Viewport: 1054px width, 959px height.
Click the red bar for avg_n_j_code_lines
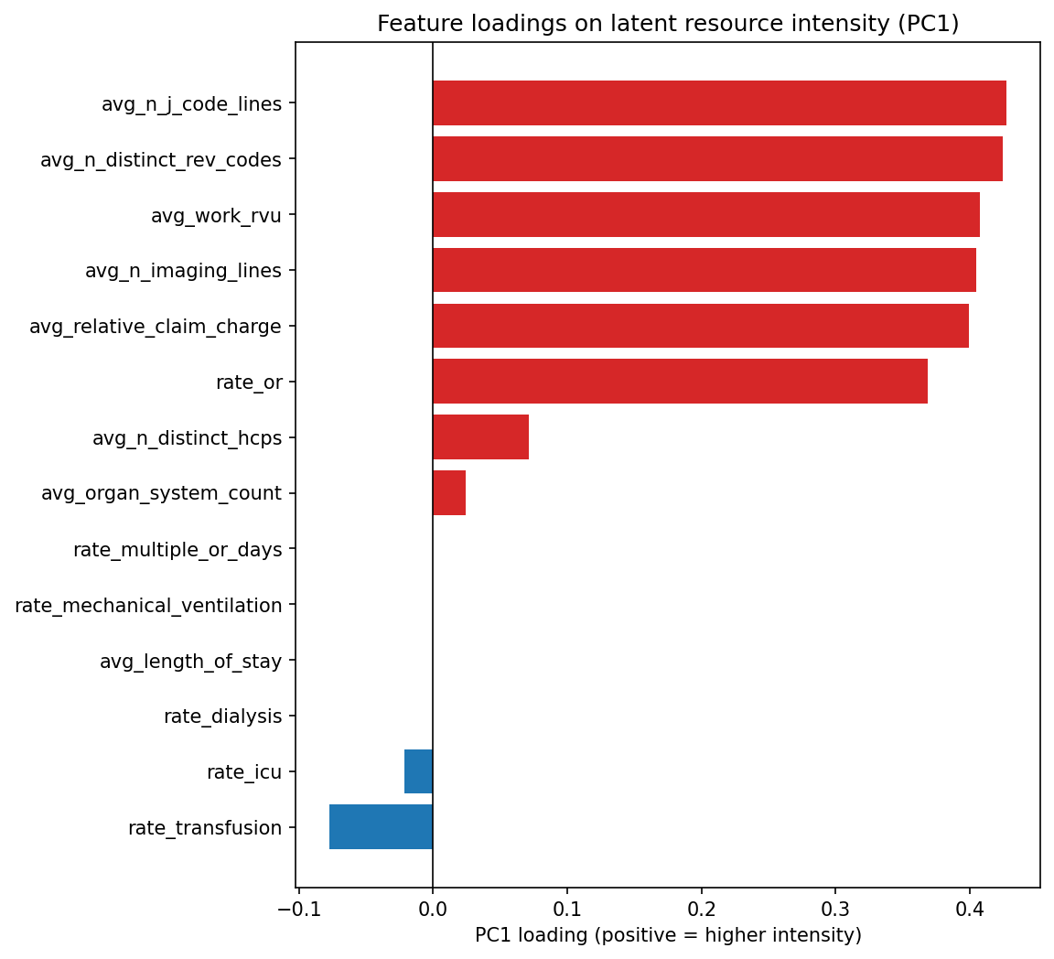coord(719,103)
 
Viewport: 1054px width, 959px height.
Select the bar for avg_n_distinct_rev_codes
coord(717,159)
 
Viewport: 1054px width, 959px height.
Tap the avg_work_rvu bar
coord(705,215)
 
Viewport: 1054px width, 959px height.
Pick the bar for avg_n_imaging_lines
coord(704,270)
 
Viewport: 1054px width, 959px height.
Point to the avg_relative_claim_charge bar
coord(700,326)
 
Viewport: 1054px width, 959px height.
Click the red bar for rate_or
coord(680,382)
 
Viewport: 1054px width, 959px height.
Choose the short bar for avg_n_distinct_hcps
coord(480,437)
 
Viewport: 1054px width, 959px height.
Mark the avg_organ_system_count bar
coord(449,493)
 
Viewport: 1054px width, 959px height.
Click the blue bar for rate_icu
coord(418,771)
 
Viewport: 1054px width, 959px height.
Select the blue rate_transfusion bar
coord(381,827)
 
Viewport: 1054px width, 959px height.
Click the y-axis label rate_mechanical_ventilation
coord(148,606)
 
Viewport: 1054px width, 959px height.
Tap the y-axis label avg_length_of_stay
coord(190,661)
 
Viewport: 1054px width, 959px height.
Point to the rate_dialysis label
coord(222,717)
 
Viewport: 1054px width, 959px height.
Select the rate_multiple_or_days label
coord(177,550)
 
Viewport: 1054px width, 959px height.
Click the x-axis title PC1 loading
coord(668,935)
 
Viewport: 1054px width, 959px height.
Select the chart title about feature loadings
coord(668,24)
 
